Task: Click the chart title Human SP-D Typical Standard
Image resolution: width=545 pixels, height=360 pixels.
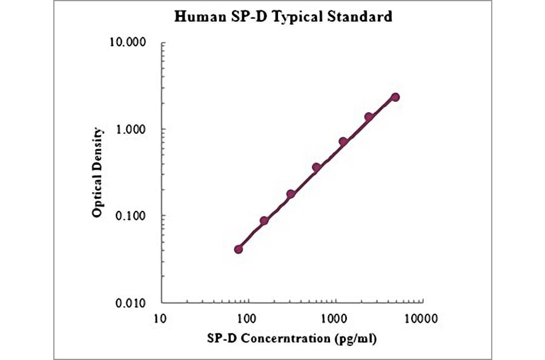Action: [283, 16]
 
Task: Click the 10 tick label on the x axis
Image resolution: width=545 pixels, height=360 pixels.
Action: [160, 316]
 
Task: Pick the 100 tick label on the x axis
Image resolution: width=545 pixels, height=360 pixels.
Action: [247, 316]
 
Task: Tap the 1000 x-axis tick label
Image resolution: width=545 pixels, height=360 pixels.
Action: [334, 316]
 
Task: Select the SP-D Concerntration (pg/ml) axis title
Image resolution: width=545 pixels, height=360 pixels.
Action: [292, 339]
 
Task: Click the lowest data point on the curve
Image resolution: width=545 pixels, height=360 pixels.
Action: [239, 249]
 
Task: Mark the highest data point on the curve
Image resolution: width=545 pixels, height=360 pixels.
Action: [395, 97]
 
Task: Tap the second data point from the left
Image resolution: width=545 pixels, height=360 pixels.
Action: [265, 221]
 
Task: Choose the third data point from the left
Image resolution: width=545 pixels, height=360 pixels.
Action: [291, 194]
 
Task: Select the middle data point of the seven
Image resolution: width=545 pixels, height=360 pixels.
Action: [317, 167]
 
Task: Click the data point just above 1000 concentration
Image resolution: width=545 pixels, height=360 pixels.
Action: [343, 141]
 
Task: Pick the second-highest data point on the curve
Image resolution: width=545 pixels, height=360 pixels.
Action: [369, 116]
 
